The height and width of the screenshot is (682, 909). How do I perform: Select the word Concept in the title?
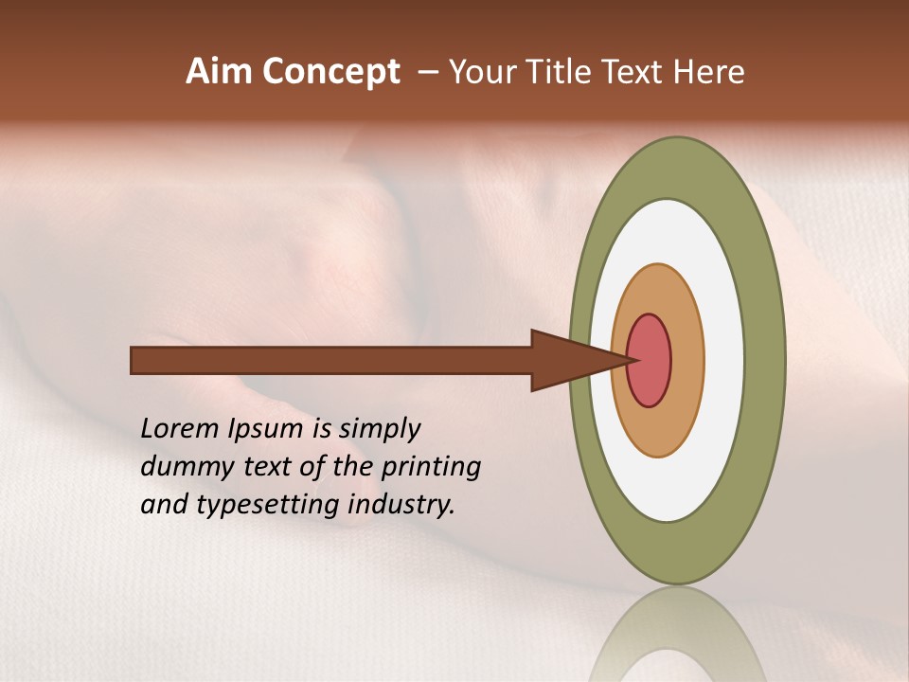330,72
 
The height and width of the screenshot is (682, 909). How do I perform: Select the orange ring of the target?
686,360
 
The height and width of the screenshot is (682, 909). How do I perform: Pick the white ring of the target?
724,360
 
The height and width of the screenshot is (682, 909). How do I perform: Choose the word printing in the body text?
432,467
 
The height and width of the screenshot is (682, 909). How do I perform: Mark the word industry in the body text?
401,505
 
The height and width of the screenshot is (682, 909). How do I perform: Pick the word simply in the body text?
379,429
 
